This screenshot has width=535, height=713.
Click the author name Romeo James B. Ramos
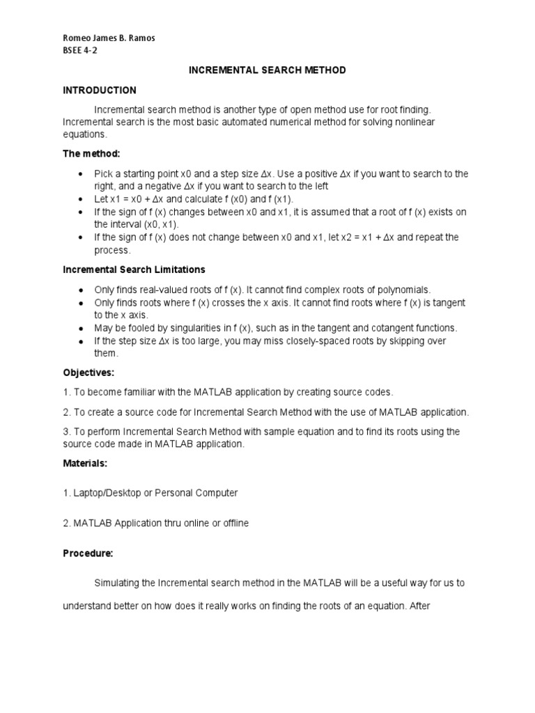coord(109,38)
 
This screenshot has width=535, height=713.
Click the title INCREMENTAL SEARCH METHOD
coord(267,70)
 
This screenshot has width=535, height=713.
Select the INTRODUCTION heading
coord(100,91)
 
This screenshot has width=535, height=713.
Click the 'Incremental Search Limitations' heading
coord(134,269)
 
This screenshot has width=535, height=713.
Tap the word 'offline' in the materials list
coord(232,523)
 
